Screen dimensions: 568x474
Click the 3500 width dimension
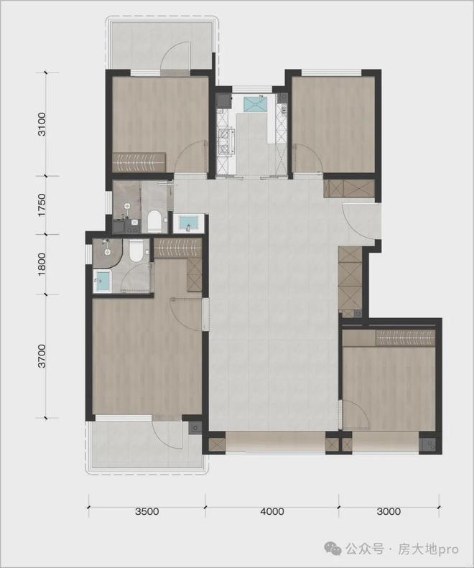tap(146, 512)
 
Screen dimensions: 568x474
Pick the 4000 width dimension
tap(272, 512)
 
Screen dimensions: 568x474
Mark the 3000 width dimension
tap(388, 512)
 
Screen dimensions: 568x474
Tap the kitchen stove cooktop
tap(226, 141)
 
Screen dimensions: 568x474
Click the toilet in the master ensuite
tap(136, 251)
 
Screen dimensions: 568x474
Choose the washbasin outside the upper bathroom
tap(189, 223)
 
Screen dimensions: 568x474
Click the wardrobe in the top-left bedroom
tap(140, 162)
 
